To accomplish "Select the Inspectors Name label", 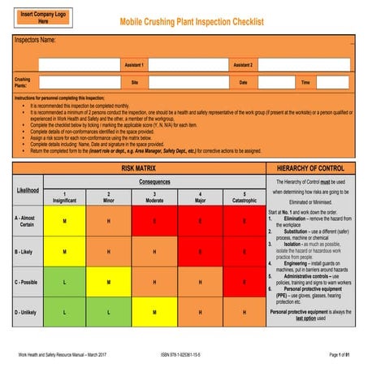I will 34,40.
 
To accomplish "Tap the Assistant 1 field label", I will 135,64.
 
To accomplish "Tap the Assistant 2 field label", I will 243,64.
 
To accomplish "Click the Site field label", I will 136,82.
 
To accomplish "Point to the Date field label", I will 243,82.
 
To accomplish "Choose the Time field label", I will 306,82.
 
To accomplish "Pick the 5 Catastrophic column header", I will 245,197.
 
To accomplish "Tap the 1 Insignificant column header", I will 64,197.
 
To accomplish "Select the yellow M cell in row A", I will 64,221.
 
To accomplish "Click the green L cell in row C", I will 64,282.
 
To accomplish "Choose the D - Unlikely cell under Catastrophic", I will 245,312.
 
